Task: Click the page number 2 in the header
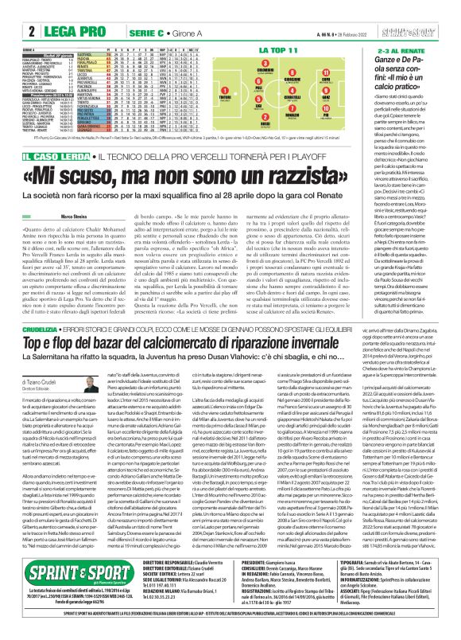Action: coord(10,10)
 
